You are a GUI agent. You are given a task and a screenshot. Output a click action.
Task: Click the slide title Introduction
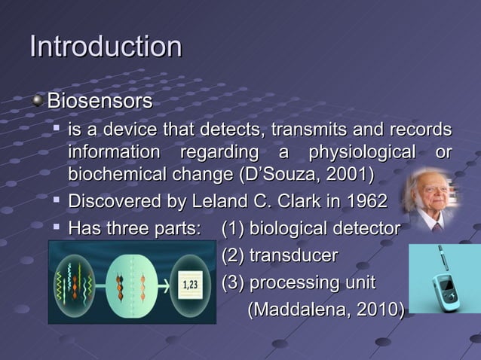click(106, 47)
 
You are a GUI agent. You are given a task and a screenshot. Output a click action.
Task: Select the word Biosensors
click(100, 101)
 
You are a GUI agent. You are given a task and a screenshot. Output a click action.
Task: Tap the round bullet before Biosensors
click(38, 100)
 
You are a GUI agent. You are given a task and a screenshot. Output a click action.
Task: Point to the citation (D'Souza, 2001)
click(306, 175)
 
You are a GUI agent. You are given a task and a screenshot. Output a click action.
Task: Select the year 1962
click(365, 202)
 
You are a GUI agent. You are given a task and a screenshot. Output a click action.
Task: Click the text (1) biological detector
click(311, 228)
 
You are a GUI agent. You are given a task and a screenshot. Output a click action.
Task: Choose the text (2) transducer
click(279, 255)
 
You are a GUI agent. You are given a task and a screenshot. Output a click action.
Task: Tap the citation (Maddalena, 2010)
click(326, 310)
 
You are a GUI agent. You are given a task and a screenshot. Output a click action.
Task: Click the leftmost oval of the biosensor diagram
click(74, 285)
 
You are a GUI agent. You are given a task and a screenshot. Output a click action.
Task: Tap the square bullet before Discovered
click(57, 201)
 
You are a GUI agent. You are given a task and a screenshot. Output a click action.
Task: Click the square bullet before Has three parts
click(57, 227)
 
